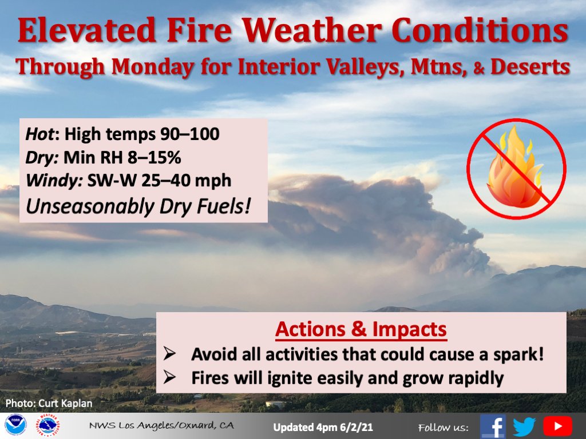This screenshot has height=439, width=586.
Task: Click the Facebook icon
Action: (x=492, y=426)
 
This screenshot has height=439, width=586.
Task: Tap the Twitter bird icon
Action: (x=524, y=426)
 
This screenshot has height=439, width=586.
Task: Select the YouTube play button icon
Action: (x=557, y=426)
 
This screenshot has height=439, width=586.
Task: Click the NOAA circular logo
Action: (x=15, y=426)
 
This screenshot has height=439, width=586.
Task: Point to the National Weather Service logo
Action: (x=48, y=426)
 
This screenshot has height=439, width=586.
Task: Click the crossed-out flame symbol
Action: (x=516, y=169)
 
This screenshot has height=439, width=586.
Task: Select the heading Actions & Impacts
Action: (x=361, y=330)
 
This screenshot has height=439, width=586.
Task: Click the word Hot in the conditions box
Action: (x=42, y=135)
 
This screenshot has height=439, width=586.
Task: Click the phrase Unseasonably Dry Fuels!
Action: (x=139, y=206)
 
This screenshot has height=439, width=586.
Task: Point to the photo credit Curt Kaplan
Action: (x=49, y=403)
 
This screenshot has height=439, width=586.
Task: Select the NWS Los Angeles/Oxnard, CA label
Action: (x=161, y=427)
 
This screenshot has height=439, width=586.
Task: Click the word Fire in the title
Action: (x=197, y=32)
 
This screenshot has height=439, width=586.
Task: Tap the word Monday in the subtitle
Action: (x=152, y=67)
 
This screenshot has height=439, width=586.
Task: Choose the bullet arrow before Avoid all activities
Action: (x=169, y=354)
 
